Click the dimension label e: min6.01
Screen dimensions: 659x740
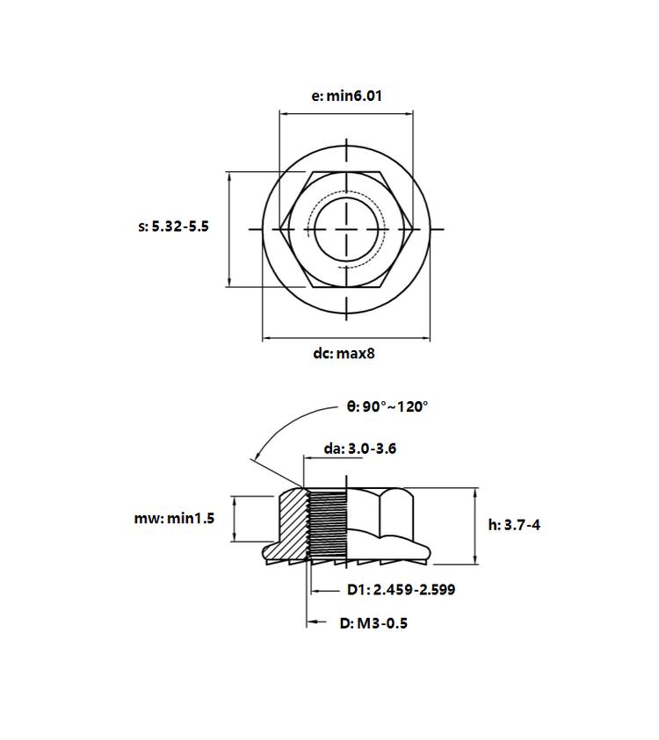pyautogui.click(x=346, y=96)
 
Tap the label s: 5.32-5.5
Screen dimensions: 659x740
pyautogui.click(x=173, y=226)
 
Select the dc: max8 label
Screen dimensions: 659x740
pyautogui.click(x=344, y=354)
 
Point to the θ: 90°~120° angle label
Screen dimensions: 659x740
pyautogui.click(x=387, y=406)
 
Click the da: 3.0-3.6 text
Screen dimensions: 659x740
pyautogui.click(x=360, y=449)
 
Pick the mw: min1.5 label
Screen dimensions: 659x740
pyautogui.click(x=174, y=518)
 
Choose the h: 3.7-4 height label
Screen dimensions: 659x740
pyautogui.click(x=514, y=525)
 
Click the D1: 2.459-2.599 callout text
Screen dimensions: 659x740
pyautogui.click(x=401, y=589)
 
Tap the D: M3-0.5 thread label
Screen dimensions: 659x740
pyautogui.click(x=373, y=623)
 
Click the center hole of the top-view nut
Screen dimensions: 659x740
pyautogui.click(x=346, y=229)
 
